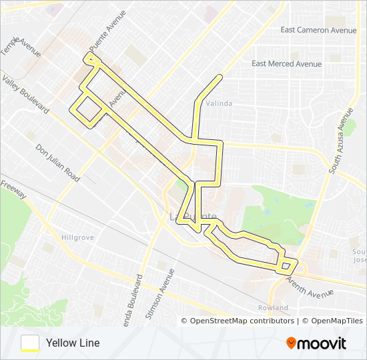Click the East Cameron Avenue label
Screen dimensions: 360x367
click(x=318, y=30)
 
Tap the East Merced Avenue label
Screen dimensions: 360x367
click(x=286, y=64)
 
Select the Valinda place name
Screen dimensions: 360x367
click(x=219, y=103)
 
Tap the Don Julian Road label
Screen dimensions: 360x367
click(x=58, y=163)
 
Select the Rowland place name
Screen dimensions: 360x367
click(x=273, y=308)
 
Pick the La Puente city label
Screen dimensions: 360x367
click(x=193, y=217)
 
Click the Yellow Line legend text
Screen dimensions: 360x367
click(x=73, y=343)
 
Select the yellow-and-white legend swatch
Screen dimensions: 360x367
click(x=30, y=343)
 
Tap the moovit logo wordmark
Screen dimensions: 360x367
click(x=322, y=343)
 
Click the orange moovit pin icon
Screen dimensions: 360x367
click(x=291, y=343)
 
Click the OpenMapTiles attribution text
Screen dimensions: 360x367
click(x=332, y=321)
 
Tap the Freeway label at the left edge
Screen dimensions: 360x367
click(x=13, y=189)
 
